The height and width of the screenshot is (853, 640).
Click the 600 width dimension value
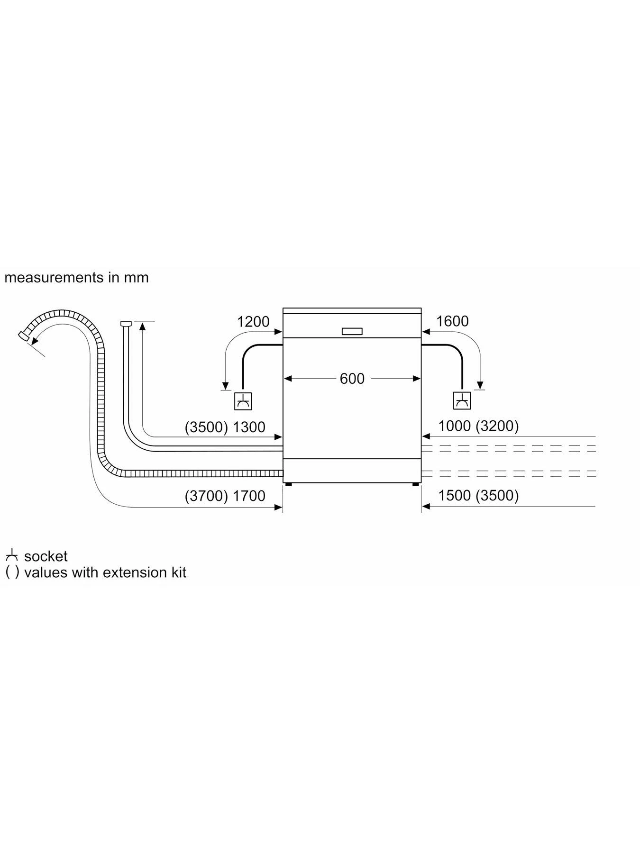(352, 378)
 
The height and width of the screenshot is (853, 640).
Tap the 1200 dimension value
(253, 322)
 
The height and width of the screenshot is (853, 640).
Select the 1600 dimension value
(452, 321)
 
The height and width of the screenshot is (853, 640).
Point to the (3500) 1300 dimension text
(225, 427)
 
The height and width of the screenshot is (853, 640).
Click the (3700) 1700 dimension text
(225, 496)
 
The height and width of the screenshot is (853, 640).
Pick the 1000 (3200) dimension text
(478, 426)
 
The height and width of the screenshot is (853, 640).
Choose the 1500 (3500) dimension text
(478, 495)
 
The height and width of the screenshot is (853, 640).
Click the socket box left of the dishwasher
(243, 401)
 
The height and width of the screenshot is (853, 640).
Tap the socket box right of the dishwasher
(462, 400)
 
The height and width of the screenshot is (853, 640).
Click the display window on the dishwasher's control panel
(352, 332)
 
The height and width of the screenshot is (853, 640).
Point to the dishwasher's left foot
(288, 484)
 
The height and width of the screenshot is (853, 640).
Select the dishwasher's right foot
(416, 484)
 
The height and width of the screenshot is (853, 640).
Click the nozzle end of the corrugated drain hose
(22, 335)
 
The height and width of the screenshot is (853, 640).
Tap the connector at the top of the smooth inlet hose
(126, 324)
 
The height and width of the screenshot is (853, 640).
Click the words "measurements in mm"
(76, 277)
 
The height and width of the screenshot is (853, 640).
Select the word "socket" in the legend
(46, 556)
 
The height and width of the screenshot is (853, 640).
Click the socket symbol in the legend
(12, 555)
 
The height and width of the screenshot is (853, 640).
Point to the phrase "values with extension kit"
(105, 572)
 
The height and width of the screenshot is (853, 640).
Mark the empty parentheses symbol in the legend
(12, 572)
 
